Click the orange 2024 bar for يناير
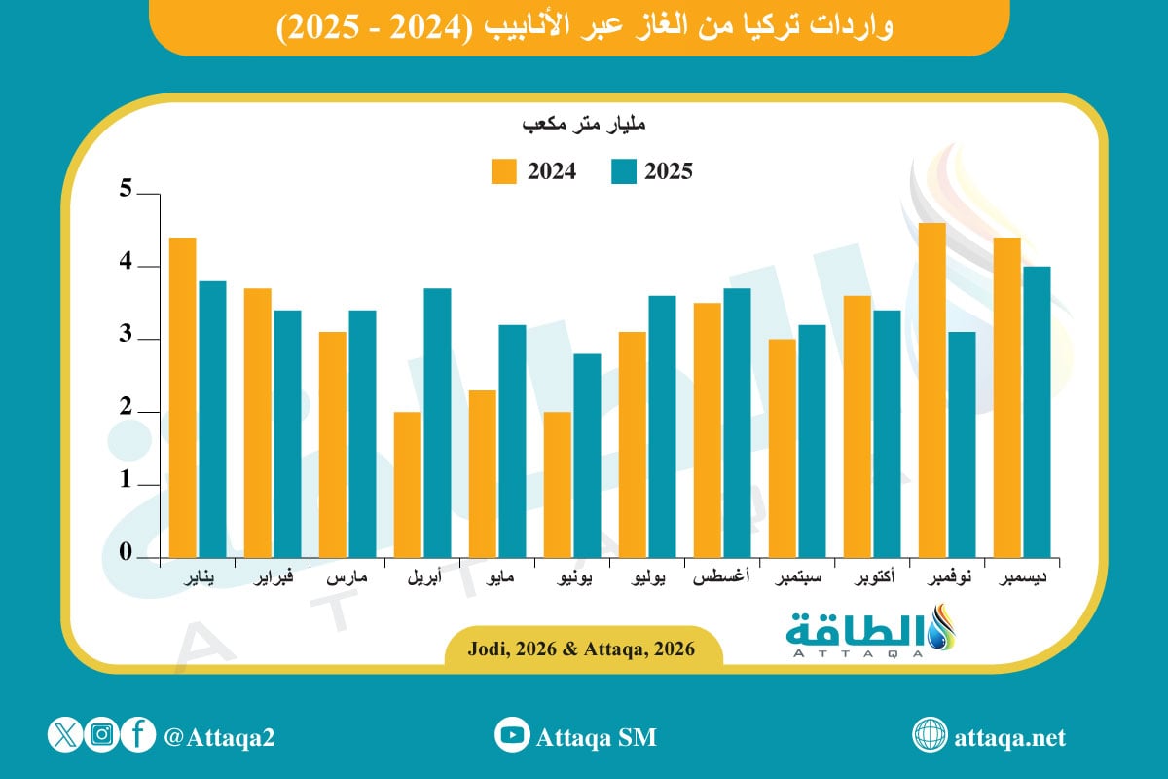coord(182,397)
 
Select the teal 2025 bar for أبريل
coord(437,423)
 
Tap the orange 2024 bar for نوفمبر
coord(932,389)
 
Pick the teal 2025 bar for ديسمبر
coord(1037,411)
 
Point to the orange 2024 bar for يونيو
coord(558,484)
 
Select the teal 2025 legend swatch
coord(624,171)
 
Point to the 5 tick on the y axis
coord(125,190)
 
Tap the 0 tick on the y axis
coord(125,553)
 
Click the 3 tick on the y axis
coord(125,337)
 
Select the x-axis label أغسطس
coord(721,579)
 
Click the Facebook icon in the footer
coord(138,736)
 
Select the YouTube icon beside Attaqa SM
coord(511,736)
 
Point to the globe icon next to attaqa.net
coord(929,736)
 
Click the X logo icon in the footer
coord(65,736)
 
